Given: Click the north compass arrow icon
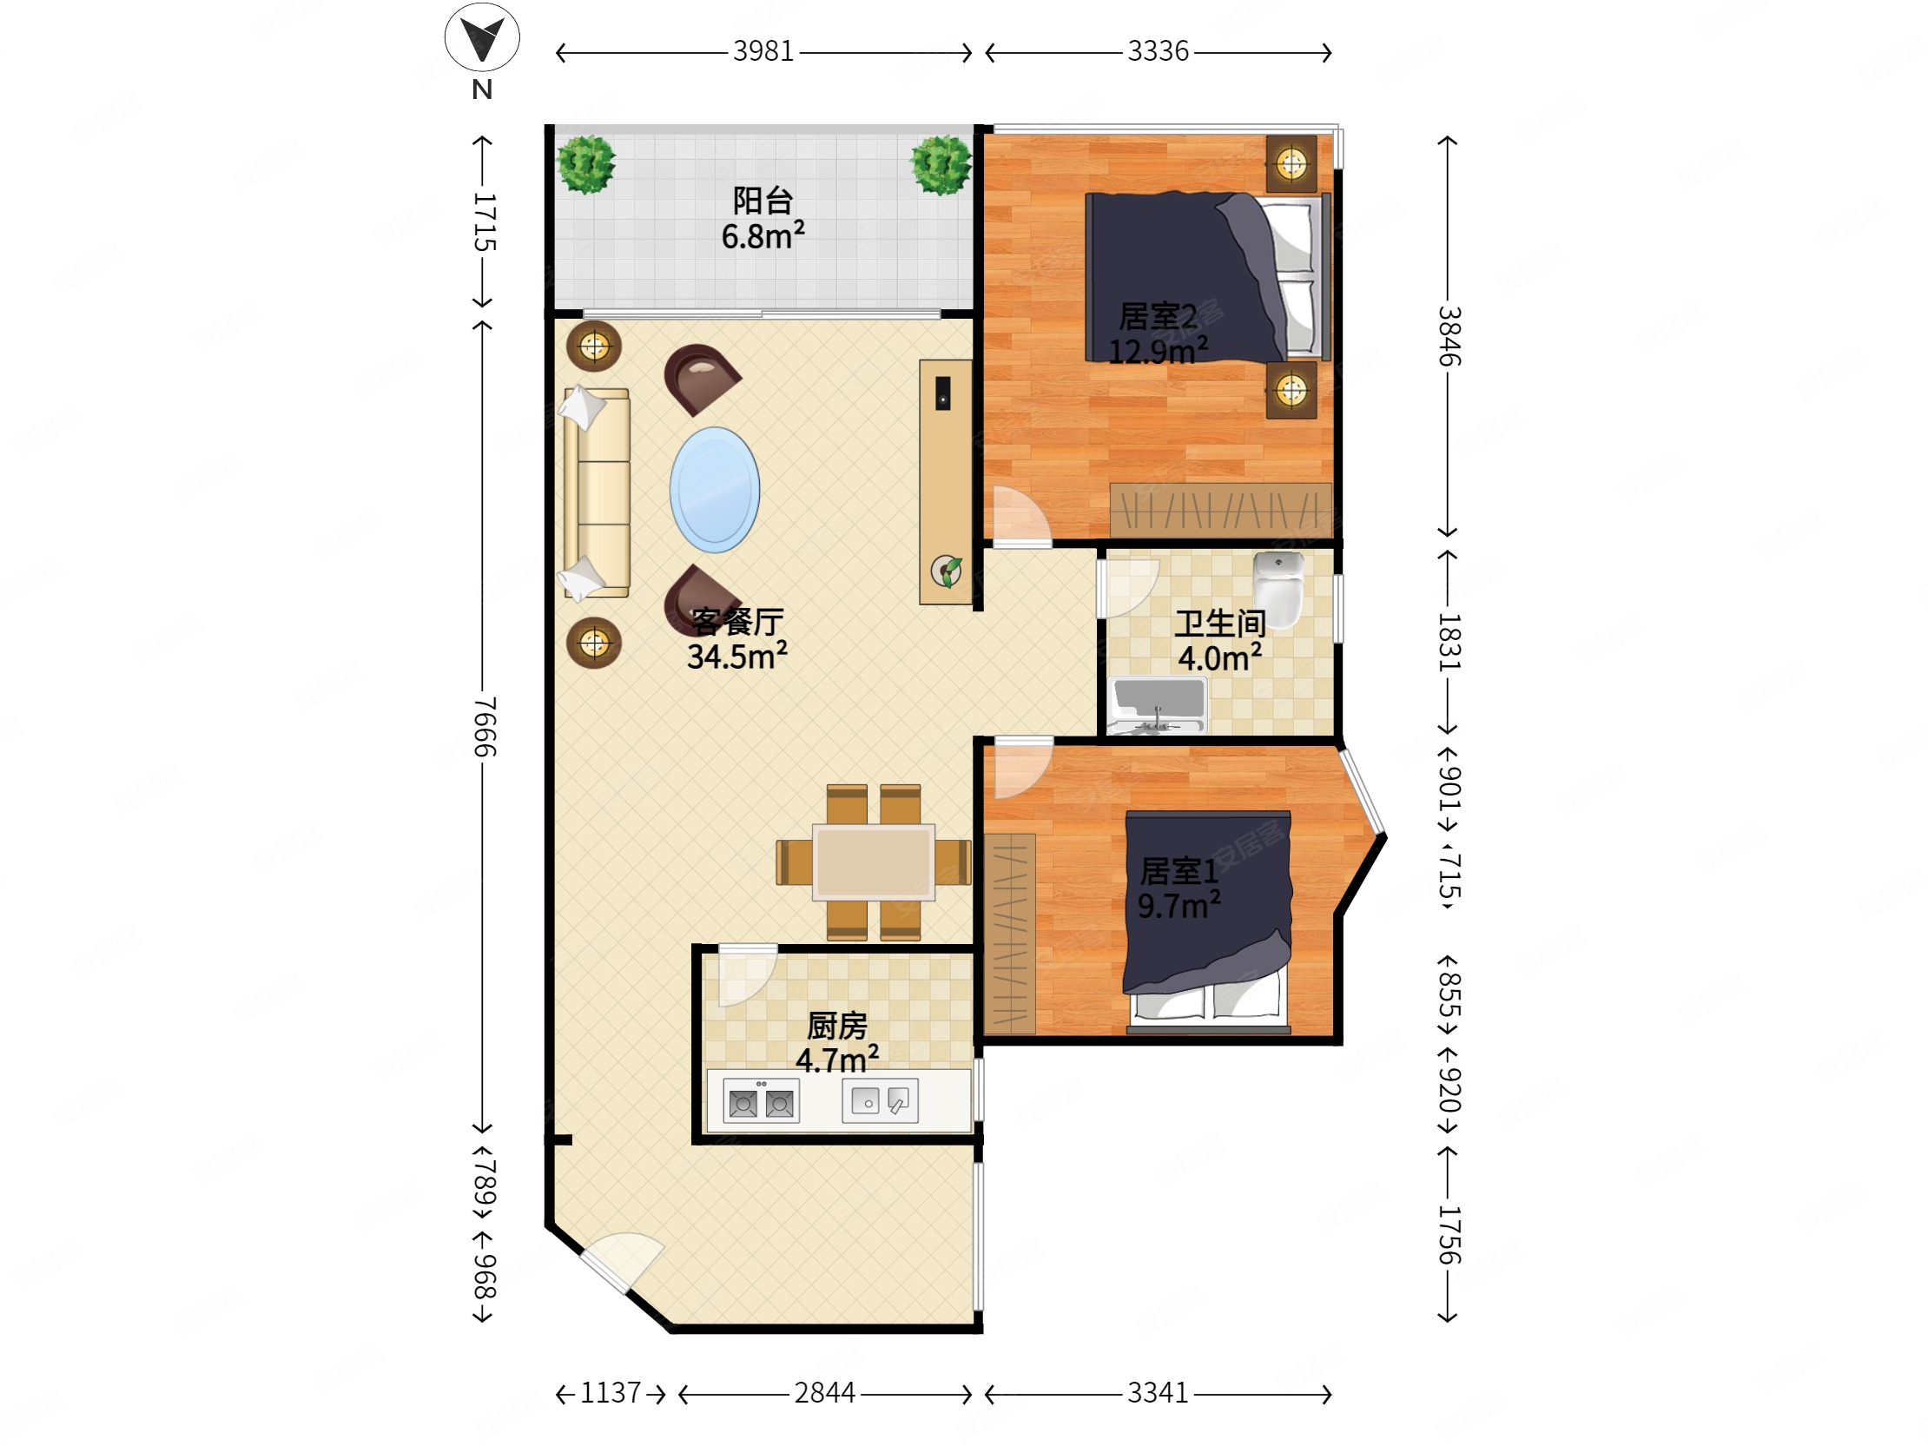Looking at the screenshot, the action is tap(482, 37).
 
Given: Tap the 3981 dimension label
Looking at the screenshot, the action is tap(763, 51).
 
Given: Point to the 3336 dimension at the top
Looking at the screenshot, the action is tap(1159, 51).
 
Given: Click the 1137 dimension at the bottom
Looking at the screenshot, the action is tap(611, 1393).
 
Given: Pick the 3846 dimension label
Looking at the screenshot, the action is tap(1449, 335).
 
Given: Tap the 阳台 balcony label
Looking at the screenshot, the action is tap(763, 201).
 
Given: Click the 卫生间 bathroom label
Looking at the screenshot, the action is tap(1220, 624).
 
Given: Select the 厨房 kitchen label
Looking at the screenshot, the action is tap(836, 1026).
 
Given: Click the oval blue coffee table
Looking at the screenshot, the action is tap(715, 490).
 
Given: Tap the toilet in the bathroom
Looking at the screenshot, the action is tap(1278, 584).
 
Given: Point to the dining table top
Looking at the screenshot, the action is tap(874, 862).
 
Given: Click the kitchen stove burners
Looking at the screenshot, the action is tap(762, 1103).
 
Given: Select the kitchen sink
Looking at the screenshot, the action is tap(880, 1101).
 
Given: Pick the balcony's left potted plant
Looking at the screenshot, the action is tap(586, 164).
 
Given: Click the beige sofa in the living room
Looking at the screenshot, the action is tap(597, 493).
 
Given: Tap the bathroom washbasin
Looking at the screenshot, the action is tap(1159, 705).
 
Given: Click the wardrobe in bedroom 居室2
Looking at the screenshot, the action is tap(1220, 509).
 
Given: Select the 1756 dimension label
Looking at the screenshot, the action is tap(1449, 1235).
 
